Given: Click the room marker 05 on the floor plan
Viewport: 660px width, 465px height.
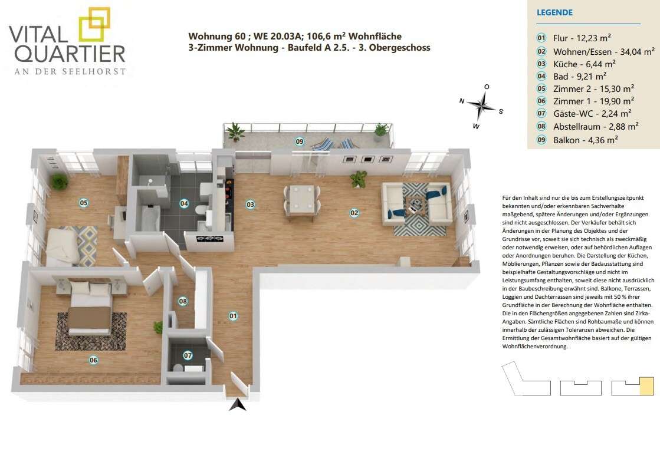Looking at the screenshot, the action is click(84, 203).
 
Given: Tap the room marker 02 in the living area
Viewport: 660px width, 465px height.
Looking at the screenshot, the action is click(354, 213).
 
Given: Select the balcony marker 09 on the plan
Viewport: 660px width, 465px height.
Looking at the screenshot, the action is click(300, 141).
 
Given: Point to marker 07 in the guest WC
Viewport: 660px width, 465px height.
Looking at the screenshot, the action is click(188, 356).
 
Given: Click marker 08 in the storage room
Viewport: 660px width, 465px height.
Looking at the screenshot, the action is click(183, 301).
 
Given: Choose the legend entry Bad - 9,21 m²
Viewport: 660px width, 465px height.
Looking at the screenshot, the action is click(580, 77).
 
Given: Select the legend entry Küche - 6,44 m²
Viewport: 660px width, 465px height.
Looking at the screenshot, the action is click(585, 64).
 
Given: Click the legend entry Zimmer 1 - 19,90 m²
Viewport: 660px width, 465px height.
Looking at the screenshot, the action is click(593, 101).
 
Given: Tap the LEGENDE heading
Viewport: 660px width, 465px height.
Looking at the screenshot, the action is click(554, 12).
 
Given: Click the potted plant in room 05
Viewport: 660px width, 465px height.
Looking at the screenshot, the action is click(60, 182).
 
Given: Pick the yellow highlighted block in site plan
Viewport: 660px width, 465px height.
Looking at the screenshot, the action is click(646, 386).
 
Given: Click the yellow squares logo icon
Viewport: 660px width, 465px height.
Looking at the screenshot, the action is click(94, 24).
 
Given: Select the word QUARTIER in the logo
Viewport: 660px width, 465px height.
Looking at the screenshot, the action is click(73, 54).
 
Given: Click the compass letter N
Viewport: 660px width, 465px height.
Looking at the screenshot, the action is click(462, 101).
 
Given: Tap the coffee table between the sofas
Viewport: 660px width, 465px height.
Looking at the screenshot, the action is click(415, 204).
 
